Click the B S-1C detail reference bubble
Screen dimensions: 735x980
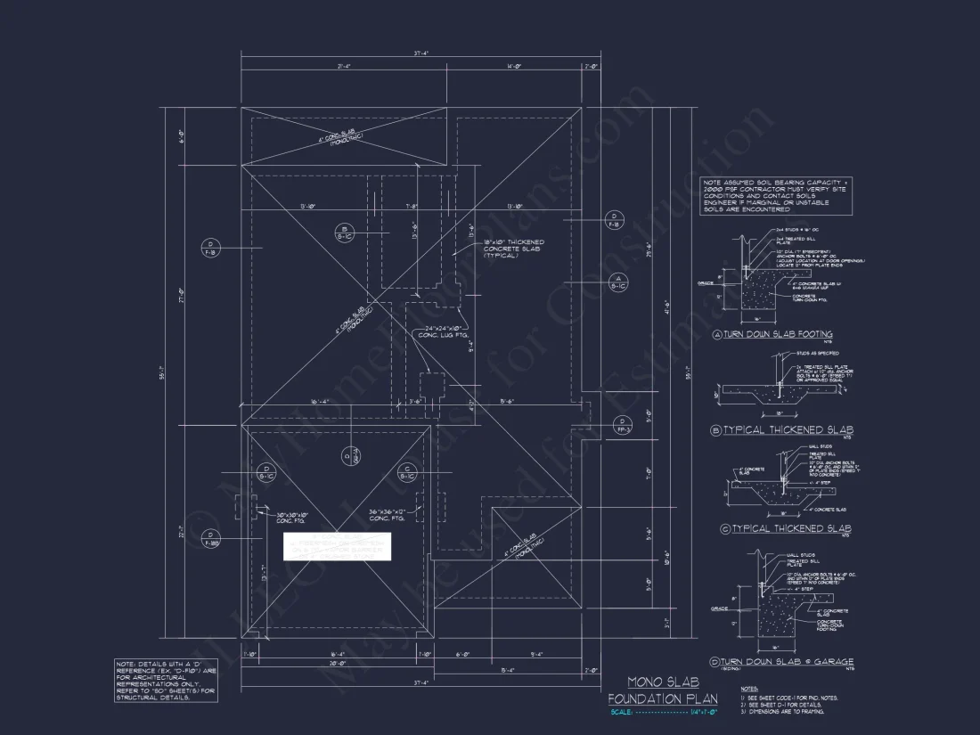pos(343,233)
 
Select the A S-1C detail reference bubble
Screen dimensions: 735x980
pos(615,283)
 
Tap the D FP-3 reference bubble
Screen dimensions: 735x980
pos(622,425)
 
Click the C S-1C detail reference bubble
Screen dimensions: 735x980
pos(405,472)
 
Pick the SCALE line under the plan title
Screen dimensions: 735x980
pos(654,712)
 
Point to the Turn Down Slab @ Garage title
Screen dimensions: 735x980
pos(781,662)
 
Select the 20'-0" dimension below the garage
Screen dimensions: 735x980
pos(338,664)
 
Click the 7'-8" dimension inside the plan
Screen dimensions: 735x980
pos(412,207)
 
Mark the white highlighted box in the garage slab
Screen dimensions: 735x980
pos(337,546)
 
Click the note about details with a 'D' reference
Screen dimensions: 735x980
pos(166,681)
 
